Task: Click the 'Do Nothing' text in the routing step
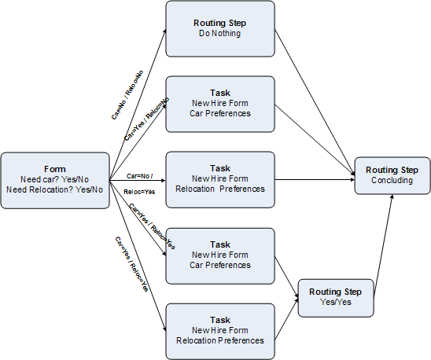coord(220,35)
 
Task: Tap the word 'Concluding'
coord(392,181)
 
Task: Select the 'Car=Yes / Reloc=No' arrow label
coord(148,119)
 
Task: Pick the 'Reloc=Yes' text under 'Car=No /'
coord(139,191)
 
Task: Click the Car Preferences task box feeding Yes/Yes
coord(220,254)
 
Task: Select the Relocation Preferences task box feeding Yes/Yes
coord(220,330)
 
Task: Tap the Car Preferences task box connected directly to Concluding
coord(220,102)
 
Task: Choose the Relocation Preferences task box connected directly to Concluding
coord(220,178)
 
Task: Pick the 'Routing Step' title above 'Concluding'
coord(392,170)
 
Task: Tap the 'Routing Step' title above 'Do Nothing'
coord(220,23)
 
